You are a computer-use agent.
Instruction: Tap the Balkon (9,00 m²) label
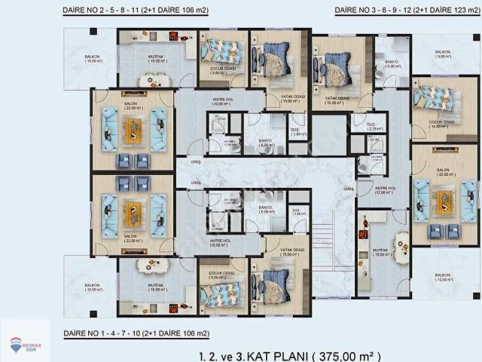pos(442,54)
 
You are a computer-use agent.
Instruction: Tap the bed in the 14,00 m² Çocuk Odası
pos(435,96)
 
